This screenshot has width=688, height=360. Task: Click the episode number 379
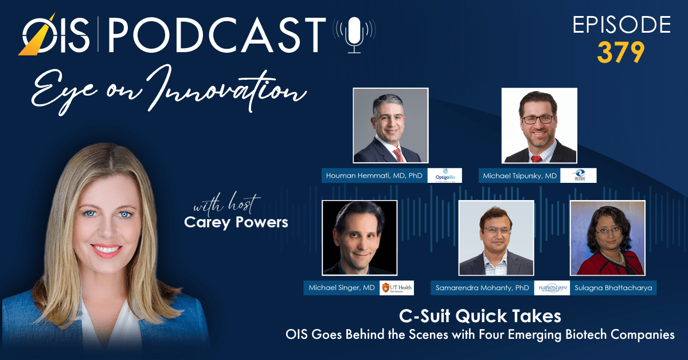point(621,53)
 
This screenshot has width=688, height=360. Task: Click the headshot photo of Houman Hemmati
point(390,126)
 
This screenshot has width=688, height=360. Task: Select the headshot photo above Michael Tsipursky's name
point(539,126)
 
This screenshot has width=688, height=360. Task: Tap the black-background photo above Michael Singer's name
point(359,237)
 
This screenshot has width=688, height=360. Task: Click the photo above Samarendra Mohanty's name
point(497,237)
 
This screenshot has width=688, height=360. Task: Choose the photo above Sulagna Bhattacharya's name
point(607,237)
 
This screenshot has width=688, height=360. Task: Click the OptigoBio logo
point(445,175)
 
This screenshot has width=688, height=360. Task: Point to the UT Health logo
point(396,288)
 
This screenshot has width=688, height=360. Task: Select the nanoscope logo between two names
point(552,288)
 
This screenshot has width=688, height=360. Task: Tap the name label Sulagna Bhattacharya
point(613,288)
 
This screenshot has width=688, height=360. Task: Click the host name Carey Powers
point(236,222)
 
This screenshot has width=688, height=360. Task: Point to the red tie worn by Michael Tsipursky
point(537,156)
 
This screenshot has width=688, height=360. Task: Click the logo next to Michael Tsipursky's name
point(578,175)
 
